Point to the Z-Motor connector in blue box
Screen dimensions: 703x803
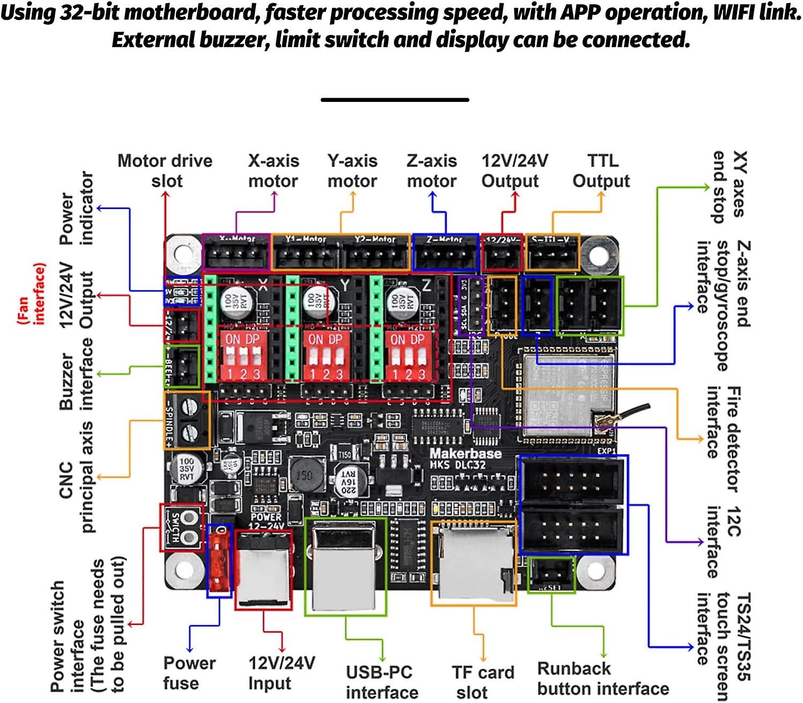445,254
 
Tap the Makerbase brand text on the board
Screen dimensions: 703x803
465,453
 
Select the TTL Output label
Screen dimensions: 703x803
601,171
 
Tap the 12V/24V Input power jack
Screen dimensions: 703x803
264,570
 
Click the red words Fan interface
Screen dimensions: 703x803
31,294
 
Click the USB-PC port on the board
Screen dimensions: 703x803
345,566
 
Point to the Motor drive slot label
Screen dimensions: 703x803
165,171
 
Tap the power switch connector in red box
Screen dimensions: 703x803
182,527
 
